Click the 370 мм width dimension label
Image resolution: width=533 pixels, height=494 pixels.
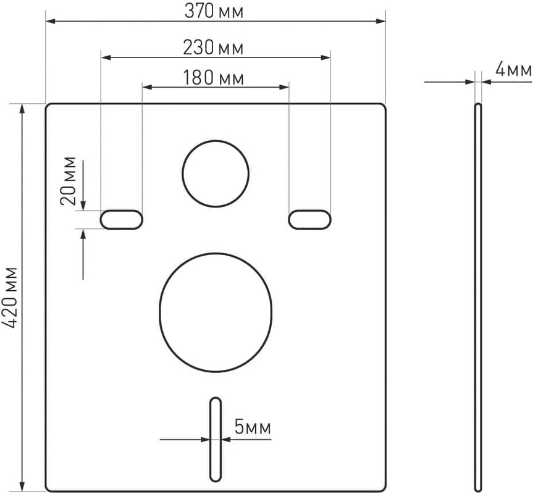pos(214,11)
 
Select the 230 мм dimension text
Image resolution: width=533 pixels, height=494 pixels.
pos(213,48)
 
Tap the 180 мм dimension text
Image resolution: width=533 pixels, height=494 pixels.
pos(214,78)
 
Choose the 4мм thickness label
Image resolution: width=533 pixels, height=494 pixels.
pos(513,70)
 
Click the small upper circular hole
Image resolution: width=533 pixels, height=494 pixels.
pos(216,174)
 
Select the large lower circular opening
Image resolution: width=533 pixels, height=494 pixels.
pos(216,312)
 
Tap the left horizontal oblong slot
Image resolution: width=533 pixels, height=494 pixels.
pos(121,219)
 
